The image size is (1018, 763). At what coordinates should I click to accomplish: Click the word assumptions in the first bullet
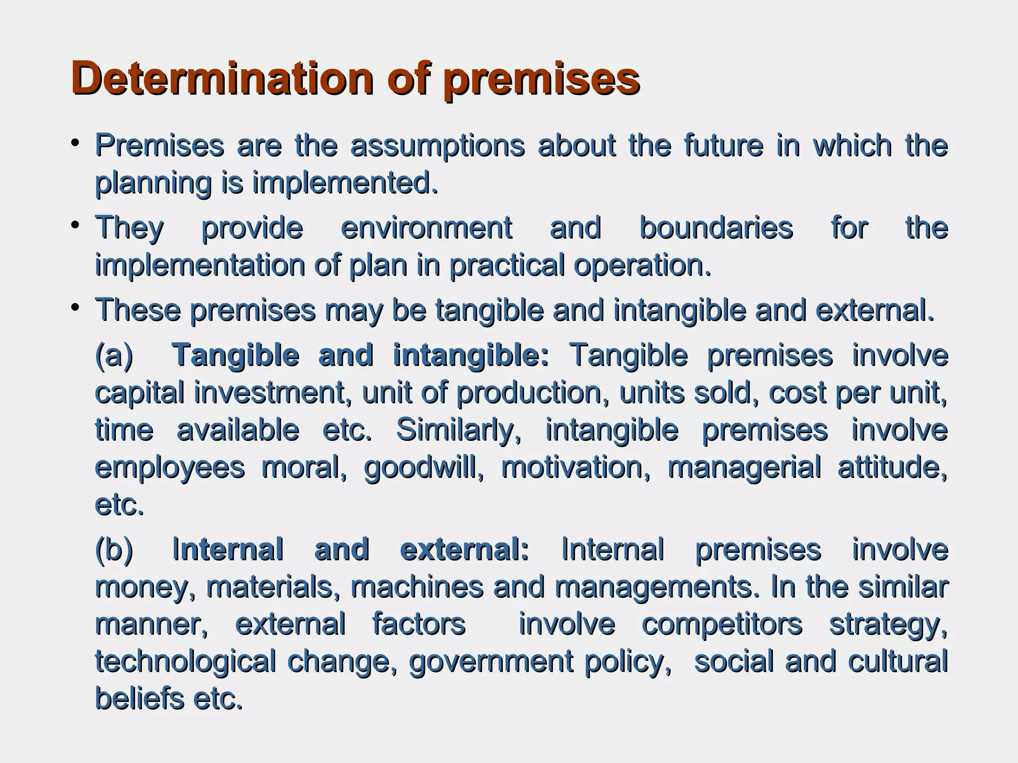pyautogui.click(x=437, y=146)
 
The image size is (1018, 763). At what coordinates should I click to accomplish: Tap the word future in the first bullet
pyautogui.click(x=723, y=146)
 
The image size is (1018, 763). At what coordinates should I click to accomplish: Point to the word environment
pyautogui.click(x=426, y=229)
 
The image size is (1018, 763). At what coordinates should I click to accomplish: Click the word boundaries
pyautogui.click(x=716, y=229)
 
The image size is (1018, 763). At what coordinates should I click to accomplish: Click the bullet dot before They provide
pyautogui.click(x=75, y=226)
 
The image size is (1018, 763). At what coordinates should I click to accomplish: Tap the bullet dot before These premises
pyautogui.click(x=75, y=308)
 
